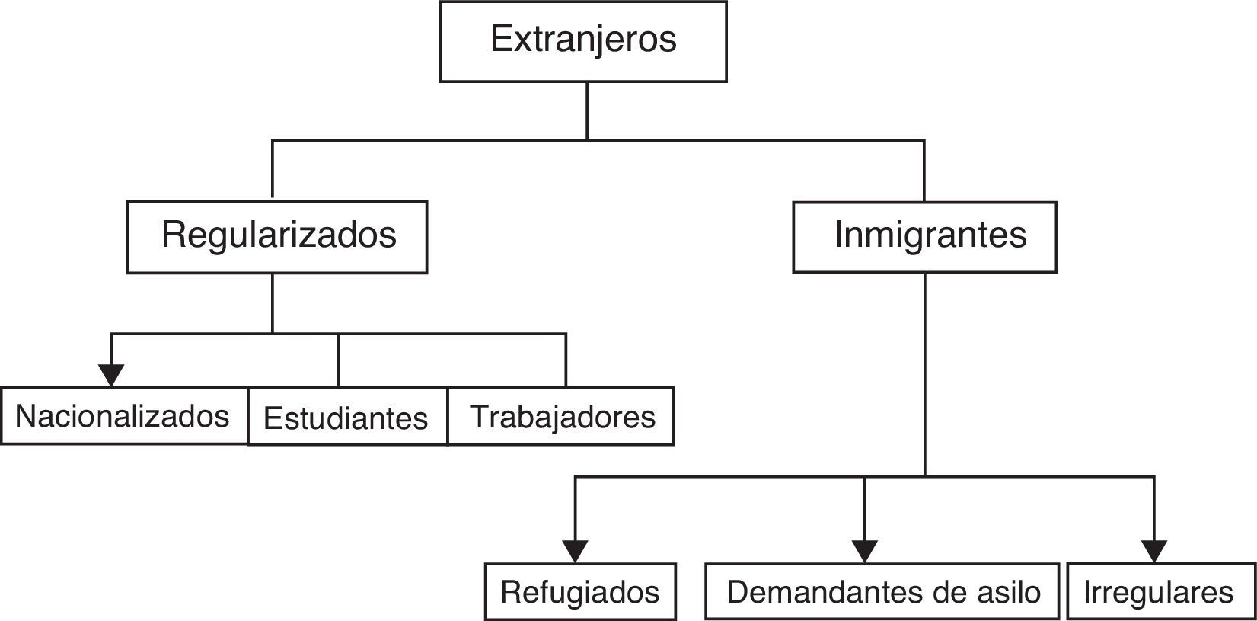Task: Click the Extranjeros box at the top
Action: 582,41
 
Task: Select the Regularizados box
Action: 277,237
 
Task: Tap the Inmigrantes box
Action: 924,237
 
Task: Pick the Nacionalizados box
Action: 123,416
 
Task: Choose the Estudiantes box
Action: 347,417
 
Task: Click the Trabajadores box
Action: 561,416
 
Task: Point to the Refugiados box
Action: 580,592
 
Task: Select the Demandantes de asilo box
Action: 882,592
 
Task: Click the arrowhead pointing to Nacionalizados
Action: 111,375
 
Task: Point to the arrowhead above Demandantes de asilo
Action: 864,550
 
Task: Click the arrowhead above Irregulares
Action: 1154,550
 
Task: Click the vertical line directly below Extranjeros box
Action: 587,110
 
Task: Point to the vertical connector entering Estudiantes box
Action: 339,360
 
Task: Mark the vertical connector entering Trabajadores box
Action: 566,360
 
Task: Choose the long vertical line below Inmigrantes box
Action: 925,373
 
